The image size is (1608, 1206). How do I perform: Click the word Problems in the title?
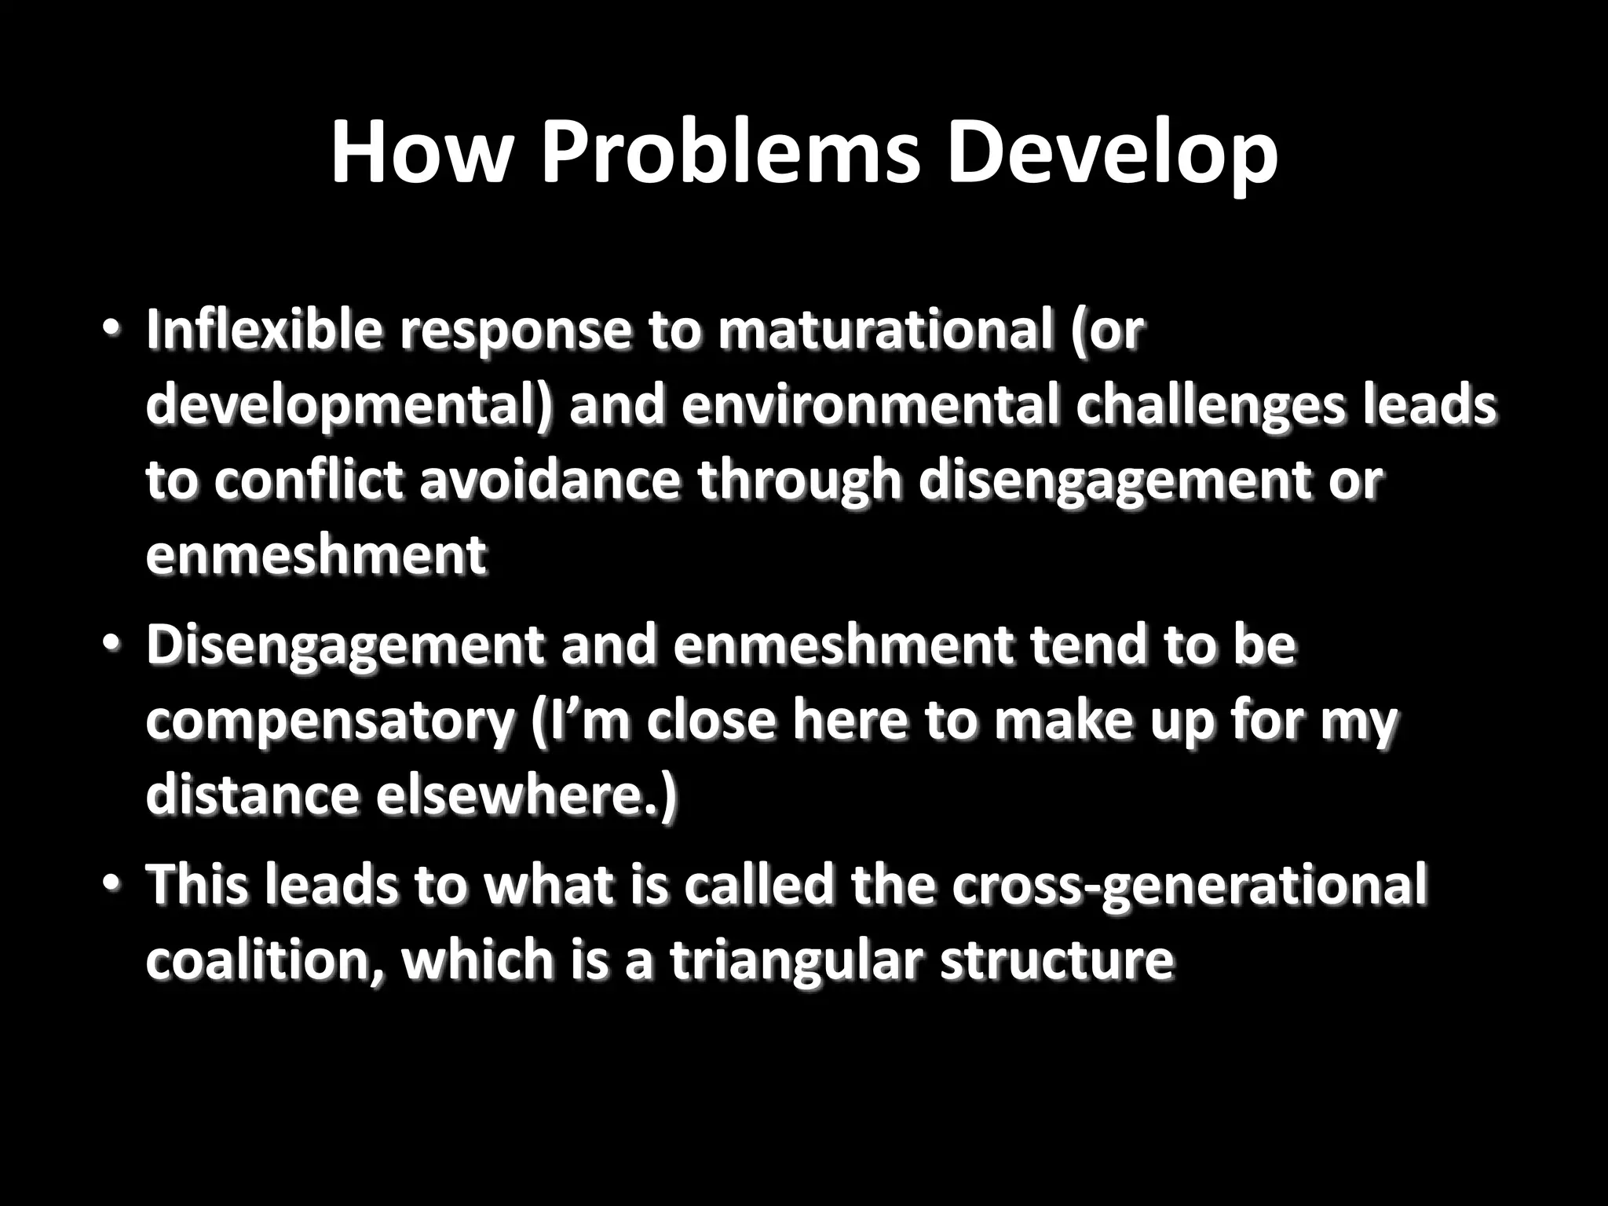coord(730,153)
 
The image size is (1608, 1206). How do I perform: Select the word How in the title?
coord(419,153)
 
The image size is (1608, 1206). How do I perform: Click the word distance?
coord(251,797)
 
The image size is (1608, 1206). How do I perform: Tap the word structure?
coord(1055,959)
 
